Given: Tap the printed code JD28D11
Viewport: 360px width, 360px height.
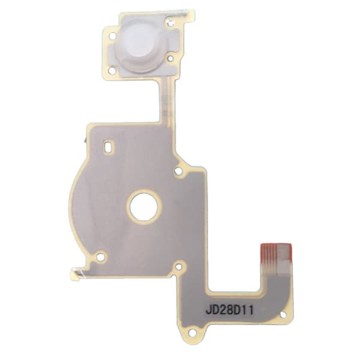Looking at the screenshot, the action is coord(230,310).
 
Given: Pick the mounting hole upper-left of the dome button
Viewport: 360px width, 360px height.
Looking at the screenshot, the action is coord(113,36).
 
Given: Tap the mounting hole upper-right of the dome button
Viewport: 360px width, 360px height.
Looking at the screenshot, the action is coord(170,23).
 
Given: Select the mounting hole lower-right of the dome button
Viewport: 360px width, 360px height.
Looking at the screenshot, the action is coord(170,58).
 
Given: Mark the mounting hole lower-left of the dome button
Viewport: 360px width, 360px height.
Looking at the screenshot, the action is coord(112,70).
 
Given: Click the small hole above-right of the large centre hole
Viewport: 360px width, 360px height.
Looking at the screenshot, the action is coord(179,171).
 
